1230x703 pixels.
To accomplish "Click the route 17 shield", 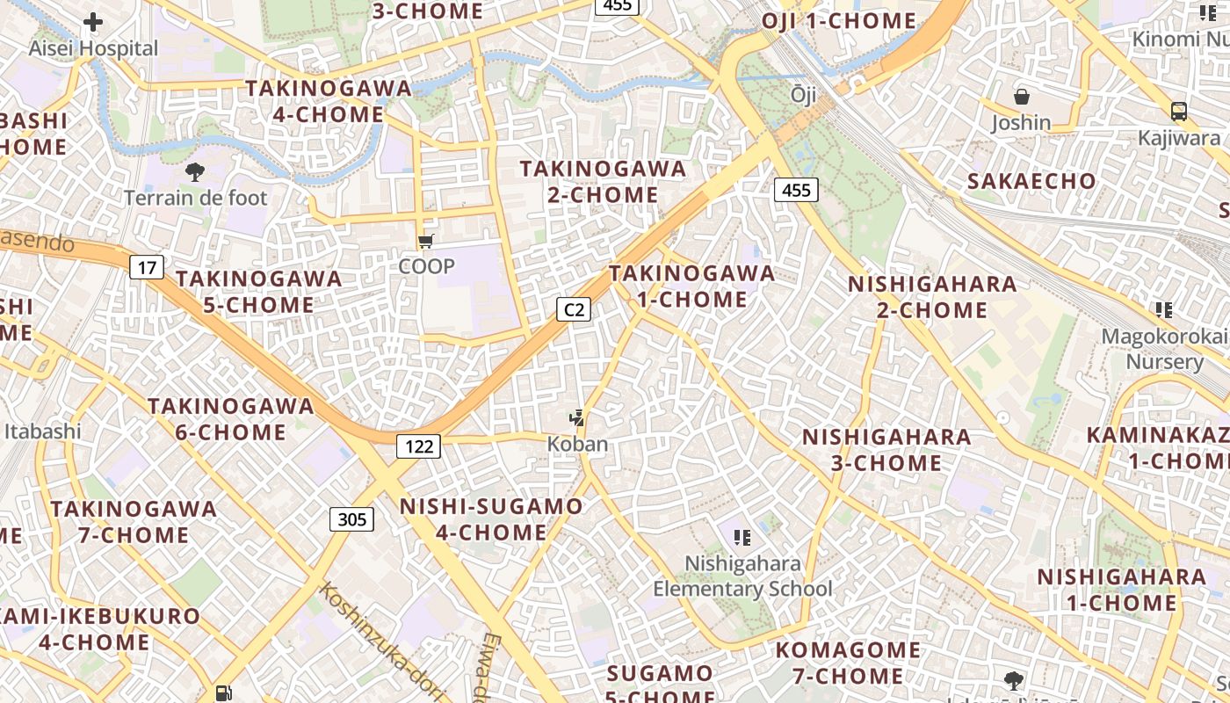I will tap(147, 267).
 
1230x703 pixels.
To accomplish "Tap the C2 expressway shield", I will tap(573, 309).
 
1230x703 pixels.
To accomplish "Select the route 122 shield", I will tap(418, 446).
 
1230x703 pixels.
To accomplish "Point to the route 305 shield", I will tap(351, 519).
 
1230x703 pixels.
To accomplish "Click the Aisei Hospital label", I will tap(93, 48).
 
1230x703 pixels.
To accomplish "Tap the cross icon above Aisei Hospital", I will tap(93, 23).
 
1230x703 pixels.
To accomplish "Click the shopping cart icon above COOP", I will tap(426, 241).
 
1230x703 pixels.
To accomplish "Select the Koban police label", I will tap(577, 444).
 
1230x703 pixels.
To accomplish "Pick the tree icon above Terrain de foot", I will tap(194, 172).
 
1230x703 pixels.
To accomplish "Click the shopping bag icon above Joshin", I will tap(1021, 97).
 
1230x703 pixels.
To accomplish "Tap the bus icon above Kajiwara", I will tap(1179, 112).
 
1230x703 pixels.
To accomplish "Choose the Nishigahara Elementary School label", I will tap(742, 576).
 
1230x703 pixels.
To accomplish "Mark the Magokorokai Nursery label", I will tap(1165, 349).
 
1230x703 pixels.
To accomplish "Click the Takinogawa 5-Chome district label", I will tap(258, 292).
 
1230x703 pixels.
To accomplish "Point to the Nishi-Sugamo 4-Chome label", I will tap(491, 519).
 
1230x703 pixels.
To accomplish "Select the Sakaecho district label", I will tap(1031, 182).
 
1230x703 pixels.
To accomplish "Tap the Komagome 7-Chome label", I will tap(848, 663).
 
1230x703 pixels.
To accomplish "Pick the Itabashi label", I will tap(42, 431).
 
